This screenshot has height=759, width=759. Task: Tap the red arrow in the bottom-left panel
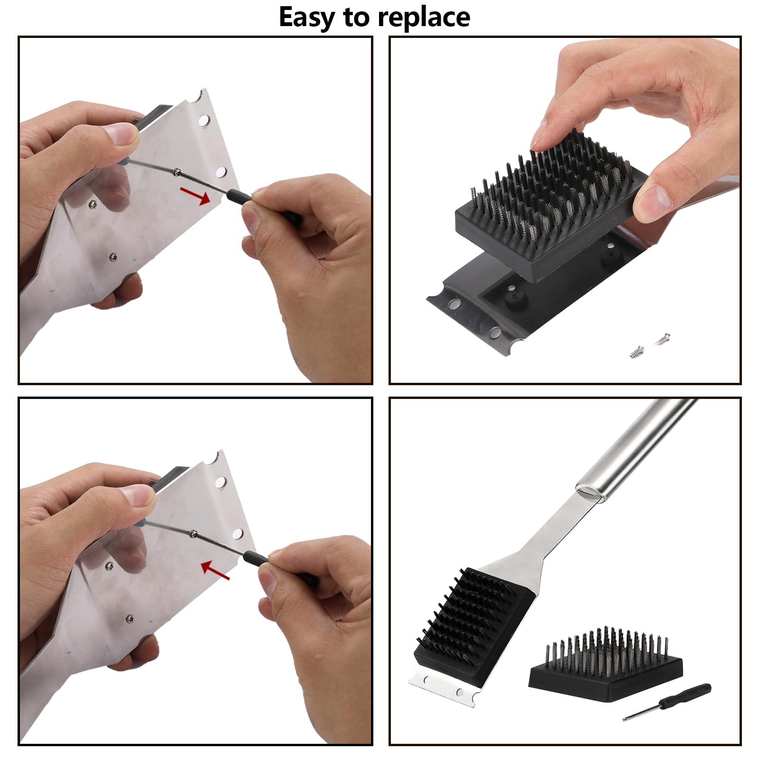click(215, 571)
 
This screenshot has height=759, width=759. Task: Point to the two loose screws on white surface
click(649, 345)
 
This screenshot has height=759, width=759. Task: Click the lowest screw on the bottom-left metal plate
click(129, 618)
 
